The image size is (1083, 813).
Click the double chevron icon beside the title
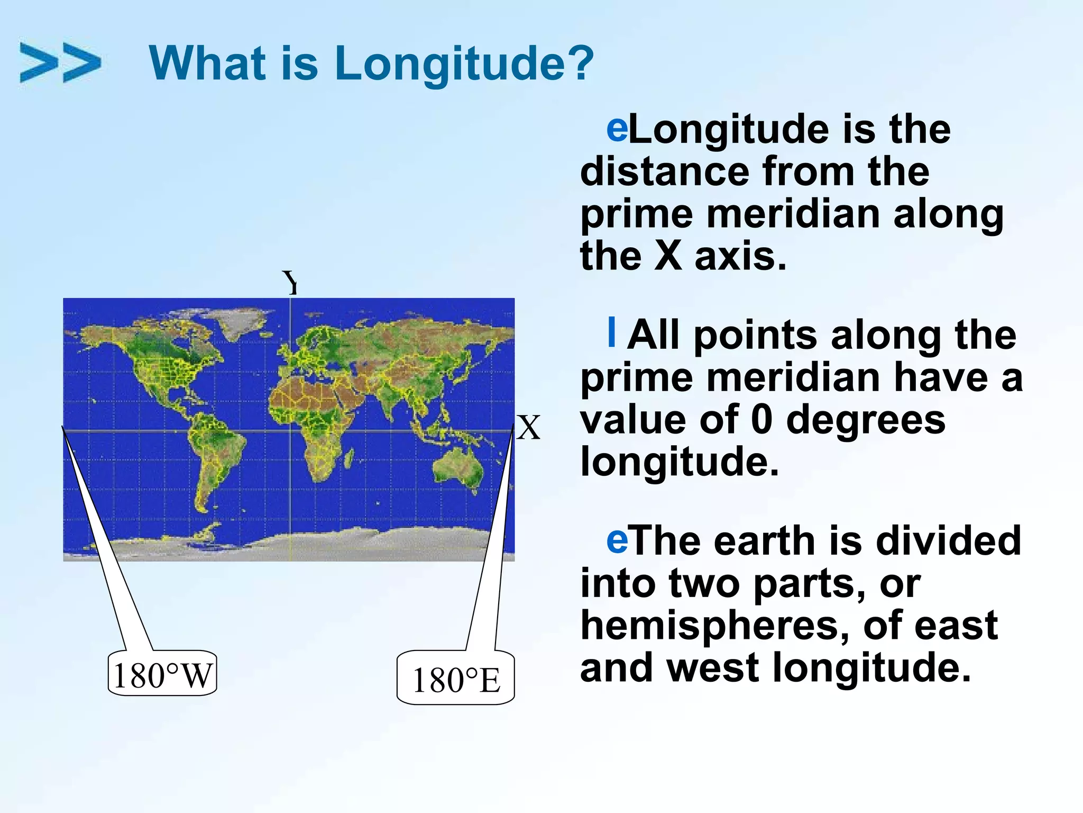[60, 63]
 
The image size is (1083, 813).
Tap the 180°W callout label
[162, 675]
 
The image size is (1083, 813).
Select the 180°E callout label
[456, 680]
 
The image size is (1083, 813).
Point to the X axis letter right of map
[528, 428]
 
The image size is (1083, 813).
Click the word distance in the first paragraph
[664, 171]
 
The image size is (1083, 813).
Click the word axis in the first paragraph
[740, 257]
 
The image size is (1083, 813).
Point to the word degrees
[865, 420]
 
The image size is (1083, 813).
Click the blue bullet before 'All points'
[612, 332]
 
